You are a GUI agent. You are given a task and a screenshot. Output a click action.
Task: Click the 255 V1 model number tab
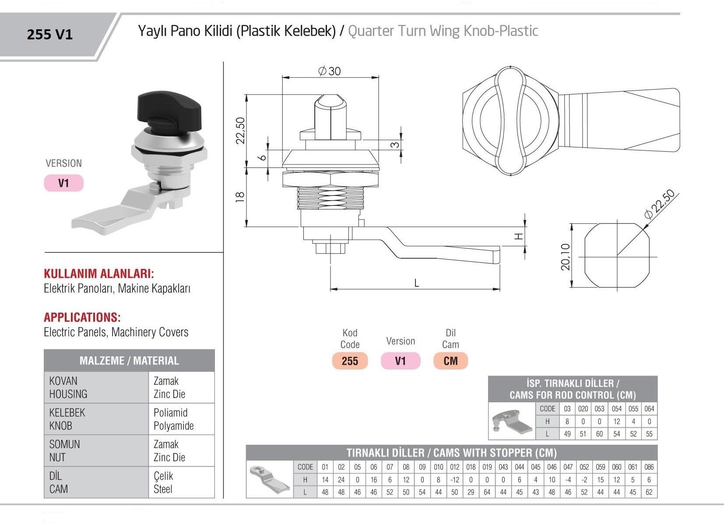click(49, 35)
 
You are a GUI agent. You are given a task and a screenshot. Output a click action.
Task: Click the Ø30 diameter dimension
click(329, 71)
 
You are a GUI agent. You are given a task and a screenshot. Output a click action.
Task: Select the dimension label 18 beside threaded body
click(240, 197)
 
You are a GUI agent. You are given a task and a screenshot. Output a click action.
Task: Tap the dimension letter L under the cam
click(416, 283)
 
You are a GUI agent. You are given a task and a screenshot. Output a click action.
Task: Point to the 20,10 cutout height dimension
click(566, 257)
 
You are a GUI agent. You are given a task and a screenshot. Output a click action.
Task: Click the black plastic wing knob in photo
click(169, 107)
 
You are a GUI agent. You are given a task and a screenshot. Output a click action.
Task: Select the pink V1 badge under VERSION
click(63, 183)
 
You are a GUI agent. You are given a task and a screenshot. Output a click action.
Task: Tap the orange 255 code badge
click(350, 361)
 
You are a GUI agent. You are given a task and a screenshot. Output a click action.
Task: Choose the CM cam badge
click(450, 361)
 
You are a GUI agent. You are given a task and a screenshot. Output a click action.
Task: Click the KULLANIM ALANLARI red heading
click(99, 274)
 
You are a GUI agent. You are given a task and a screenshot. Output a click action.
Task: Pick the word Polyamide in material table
click(173, 425)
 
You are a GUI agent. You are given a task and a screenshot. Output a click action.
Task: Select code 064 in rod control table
click(649, 409)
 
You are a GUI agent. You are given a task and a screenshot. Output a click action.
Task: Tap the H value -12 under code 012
click(454, 480)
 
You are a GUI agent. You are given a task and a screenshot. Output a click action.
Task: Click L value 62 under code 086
click(649, 492)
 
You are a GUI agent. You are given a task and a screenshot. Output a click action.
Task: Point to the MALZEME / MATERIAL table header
click(129, 361)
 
